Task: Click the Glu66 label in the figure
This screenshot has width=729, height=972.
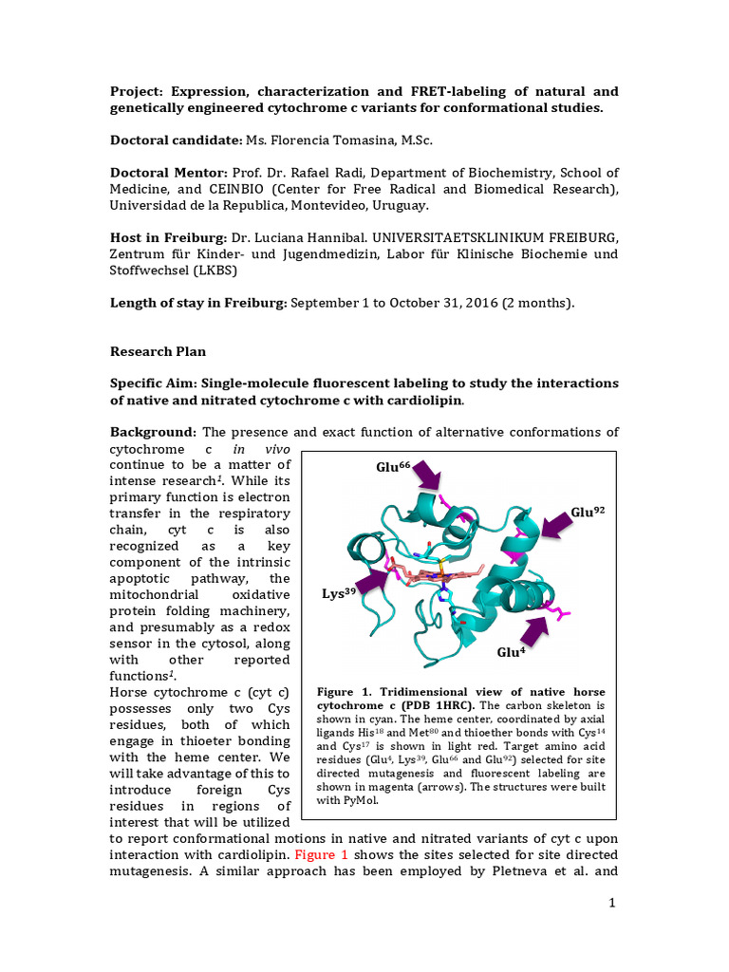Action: [x=394, y=467]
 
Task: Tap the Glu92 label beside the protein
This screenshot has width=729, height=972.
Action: [x=588, y=512]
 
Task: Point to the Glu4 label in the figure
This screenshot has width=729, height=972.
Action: [x=510, y=653]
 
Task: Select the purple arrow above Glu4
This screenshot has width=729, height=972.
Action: [x=533, y=627]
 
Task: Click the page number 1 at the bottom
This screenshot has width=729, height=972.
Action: [x=613, y=903]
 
